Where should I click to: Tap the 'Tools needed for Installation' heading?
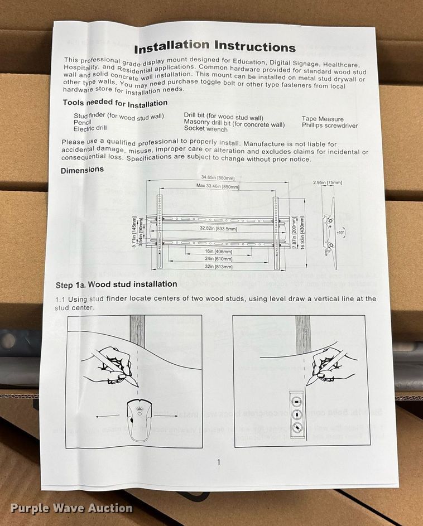point(115,103)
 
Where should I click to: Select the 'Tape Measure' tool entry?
point(323,119)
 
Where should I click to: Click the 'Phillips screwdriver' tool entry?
point(330,126)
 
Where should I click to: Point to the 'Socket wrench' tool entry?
point(205,129)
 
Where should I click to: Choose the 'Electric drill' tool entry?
point(89,128)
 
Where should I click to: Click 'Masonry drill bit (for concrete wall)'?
point(234,124)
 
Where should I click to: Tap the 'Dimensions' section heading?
point(82,170)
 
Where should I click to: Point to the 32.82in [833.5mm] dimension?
point(219,229)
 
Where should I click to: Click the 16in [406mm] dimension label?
point(217,252)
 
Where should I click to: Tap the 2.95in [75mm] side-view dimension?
point(327,182)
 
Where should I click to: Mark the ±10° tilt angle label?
point(340,230)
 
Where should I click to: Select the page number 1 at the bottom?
point(218,462)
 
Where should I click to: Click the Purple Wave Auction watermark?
point(71,508)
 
